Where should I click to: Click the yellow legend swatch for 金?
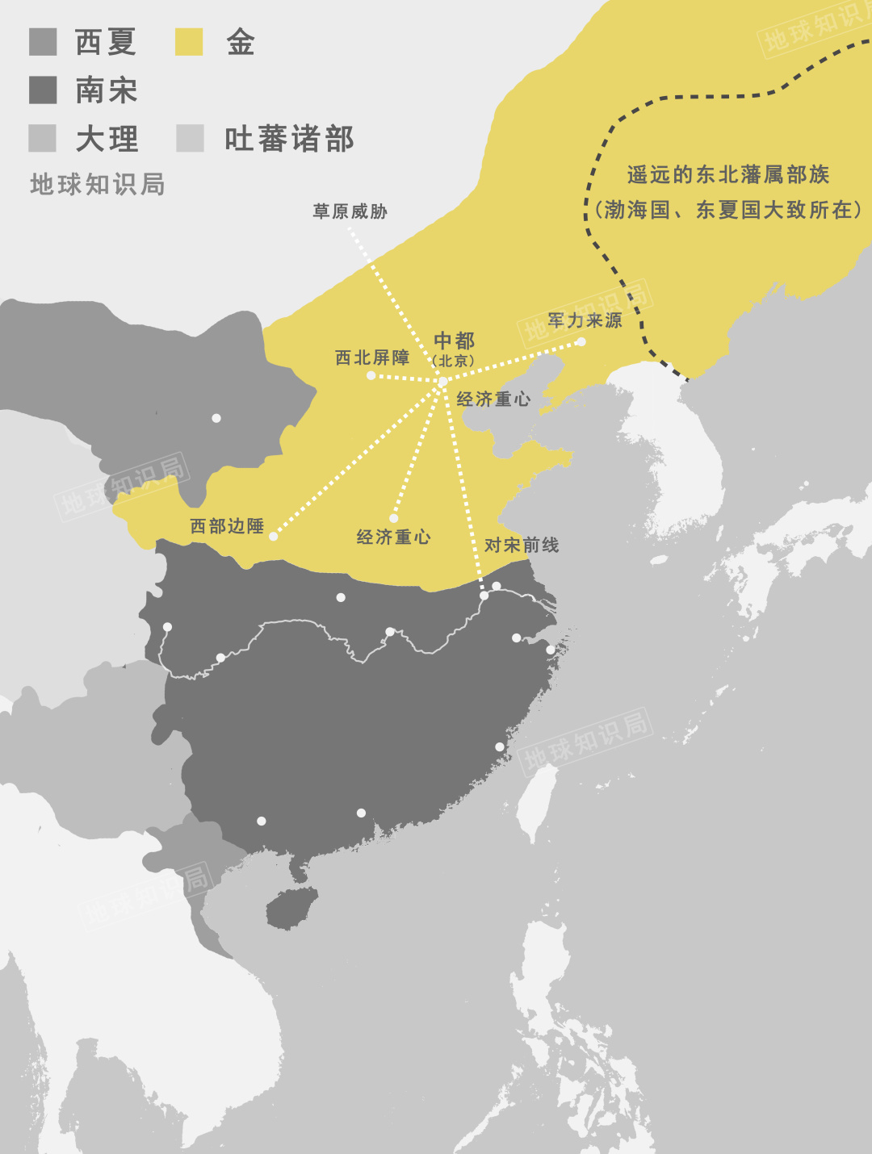point(189,42)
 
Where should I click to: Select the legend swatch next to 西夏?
point(43,42)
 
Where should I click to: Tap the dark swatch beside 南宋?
point(43,90)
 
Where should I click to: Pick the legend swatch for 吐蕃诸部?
point(190,138)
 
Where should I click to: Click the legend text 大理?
point(107,139)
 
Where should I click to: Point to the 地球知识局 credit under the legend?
point(98,185)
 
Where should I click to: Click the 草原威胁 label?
point(350,211)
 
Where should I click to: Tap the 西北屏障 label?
point(372,357)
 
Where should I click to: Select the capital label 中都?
point(454,341)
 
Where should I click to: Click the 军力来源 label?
point(585,320)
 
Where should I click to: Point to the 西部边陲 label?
point(227,526)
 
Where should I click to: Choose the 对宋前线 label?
point(522,546)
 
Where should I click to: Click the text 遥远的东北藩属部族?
point(728,174)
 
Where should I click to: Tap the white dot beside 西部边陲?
point(274,536)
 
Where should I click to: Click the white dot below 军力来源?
point(581,342)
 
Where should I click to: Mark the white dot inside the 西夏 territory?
point(216,418)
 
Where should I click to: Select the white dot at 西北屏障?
point(371,375)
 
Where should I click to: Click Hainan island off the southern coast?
point(291,907)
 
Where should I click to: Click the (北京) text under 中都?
point(453,361)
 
